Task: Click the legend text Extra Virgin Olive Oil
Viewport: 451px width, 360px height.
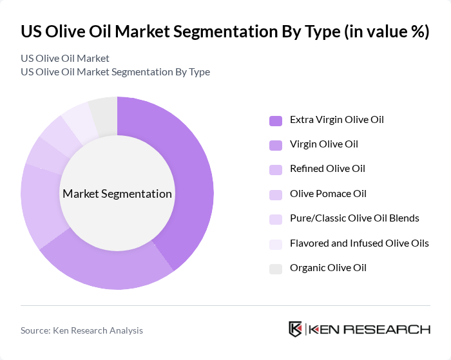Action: [x=336, y=120]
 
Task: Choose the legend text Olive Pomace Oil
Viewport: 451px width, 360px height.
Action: [x=328, y=194]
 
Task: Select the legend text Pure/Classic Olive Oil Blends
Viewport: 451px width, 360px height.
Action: [x=354, y=218]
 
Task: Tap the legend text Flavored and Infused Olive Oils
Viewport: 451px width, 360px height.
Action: [x=359, y=243]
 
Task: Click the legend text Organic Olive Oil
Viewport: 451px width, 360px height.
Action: [x=328, y=268]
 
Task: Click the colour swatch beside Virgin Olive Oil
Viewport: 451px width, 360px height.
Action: [x=275, y=145]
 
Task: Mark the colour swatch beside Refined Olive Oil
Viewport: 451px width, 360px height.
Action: [x=275, y=169]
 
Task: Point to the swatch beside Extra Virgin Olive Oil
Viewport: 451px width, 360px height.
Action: [x=275, y=120]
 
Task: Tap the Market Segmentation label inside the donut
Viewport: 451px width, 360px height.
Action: [x=117, y=194]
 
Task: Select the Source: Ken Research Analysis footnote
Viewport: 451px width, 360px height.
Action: [x=82, y=330]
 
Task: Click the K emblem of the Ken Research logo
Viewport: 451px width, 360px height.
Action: [x=296, y=329]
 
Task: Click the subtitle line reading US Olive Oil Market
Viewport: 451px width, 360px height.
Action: [x=65, y=59]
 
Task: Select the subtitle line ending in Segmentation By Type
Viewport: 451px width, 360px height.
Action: [x=115, y=72]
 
